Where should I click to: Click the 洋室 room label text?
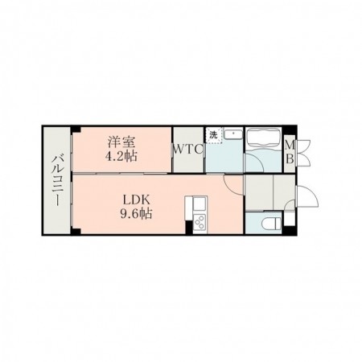pos(121,142)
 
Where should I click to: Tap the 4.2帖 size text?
pos(121,156)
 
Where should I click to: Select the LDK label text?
pos(136,200)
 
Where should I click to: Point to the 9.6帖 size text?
pos(136,214)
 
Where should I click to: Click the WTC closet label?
pos(188,150)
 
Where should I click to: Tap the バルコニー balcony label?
pos(57,180)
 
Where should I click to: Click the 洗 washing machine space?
pos(214,135)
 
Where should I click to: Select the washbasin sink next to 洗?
pos(233,134)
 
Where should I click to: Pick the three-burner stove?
pos(200,222)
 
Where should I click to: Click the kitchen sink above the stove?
pos(200,204)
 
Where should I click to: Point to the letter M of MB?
pos(290,146)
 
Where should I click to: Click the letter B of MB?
pos(290,159)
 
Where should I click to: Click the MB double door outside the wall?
pos(303,153)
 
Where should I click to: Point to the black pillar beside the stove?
pos(189,228)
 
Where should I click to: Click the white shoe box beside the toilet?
pos(289,220)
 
